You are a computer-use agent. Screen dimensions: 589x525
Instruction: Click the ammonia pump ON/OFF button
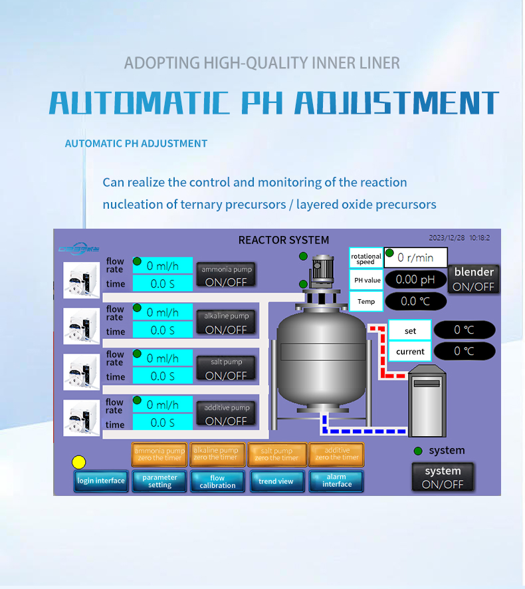click(x=225, y=275)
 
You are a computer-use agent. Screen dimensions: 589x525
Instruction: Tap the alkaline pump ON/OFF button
click(x=225, y=323)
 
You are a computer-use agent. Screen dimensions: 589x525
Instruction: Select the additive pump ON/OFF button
click(x=225, y=414)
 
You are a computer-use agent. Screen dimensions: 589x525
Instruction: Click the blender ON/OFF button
click(x=474, y=279)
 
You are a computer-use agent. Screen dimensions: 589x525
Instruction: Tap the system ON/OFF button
click(x=443, y=477)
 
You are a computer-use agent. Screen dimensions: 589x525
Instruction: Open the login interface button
click(x=101, y=481)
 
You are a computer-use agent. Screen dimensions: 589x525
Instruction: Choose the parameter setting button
click(x=159, y=481)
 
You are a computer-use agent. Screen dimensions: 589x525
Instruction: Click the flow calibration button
click(x=217, y=481)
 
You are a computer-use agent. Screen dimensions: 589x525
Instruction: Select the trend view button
click(x=276, y=481)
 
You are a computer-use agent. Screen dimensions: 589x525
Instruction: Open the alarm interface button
click(x=336, y=481)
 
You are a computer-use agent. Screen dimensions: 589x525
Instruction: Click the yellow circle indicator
click(x=79, y=462)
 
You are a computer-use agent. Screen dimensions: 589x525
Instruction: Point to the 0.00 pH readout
click(x=415, y=280)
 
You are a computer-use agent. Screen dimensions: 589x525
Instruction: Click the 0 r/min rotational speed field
click(x=415, y=257)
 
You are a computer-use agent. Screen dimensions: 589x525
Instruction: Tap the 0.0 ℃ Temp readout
click(x=415, y=301)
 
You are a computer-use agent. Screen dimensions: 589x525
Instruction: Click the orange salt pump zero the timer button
click(x=276, y=454)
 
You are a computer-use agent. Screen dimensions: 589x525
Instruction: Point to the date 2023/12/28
click(x=447, y=237)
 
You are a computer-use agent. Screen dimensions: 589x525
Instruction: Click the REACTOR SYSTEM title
click(x=283, y=240)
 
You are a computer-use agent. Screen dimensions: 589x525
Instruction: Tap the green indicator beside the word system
click(x=418, y=451)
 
